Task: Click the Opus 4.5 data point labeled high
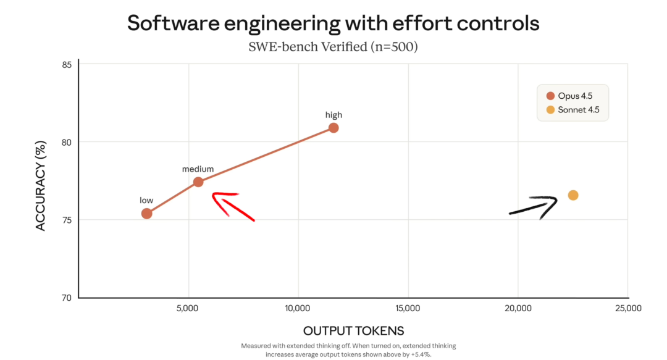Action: point(333,128)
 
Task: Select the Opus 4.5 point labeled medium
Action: point(198,182)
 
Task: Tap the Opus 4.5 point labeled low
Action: point(146,214)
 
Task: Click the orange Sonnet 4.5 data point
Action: point(573,195)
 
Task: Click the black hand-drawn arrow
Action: point(535,207)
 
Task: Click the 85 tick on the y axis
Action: point(67,65)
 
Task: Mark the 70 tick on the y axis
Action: point(67,298)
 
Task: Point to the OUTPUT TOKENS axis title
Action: point(353,330)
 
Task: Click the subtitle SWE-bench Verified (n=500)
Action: point(333,46)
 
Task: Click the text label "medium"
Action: point(198,169)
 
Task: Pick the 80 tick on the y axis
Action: point(67,142)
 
